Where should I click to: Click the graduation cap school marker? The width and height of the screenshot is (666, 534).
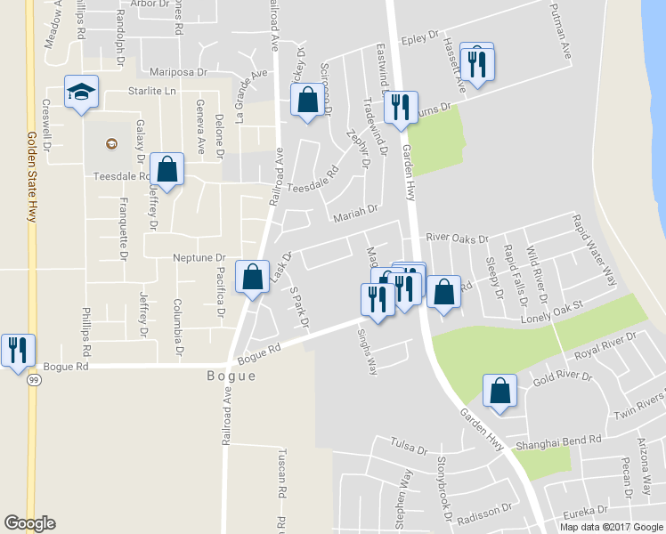coord(81,92)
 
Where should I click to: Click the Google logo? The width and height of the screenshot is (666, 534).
coord(29,523)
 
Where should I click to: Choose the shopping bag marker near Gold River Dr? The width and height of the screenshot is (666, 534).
coord(500,390)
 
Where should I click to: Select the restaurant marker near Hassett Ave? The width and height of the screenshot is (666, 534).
coord(479,63)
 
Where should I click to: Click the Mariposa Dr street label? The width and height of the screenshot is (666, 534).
coord(179,71)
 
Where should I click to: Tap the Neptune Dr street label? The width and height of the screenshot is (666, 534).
coord(199,257)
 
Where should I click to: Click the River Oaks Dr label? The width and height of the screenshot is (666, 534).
coord(458,239)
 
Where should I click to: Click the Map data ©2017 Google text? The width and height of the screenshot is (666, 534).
coord(610,527)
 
